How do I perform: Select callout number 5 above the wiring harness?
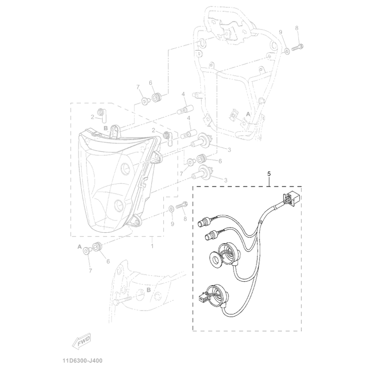[x=269, y=174]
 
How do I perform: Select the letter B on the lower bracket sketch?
[x=149, y=290]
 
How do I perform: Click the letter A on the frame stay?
[x=248, y=113]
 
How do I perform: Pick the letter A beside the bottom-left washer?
[x=79, y=246]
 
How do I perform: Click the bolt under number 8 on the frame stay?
[x=299, y=46]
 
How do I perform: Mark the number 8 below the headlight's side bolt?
[x=185, y=219]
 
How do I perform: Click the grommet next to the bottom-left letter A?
[x=97, y=248]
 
